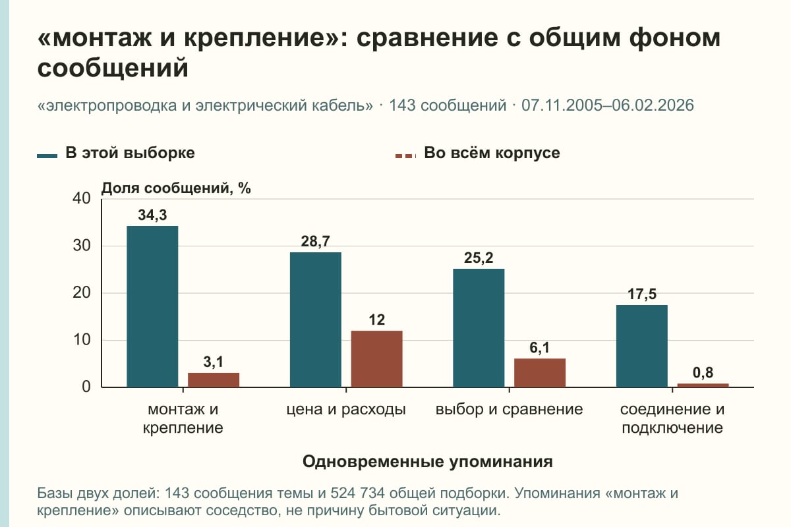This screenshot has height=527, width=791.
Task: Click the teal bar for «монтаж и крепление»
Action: [152, 306]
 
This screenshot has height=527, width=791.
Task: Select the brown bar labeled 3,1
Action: [214, 380]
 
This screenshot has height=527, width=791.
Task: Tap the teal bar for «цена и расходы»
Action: [315, 319]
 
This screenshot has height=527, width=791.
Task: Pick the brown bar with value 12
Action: [376, 359]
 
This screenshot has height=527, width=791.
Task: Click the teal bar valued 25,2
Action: [479, 328]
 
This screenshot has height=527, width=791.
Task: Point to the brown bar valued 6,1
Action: [540, 373]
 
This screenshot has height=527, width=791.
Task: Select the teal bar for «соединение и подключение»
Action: [641, 346]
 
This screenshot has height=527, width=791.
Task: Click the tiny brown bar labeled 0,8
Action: [703, 385]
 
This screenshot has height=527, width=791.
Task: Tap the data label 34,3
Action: [152, 215]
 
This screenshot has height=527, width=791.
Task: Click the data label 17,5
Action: [641, 294]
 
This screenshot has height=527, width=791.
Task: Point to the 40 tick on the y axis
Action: [82, 198]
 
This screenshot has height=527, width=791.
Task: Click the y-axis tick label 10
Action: [82, 340]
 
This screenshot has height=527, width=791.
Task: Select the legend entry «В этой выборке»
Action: [116, 153]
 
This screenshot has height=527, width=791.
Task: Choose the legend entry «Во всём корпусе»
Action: [477, 153]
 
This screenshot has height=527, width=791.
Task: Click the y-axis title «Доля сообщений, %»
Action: [176, 188]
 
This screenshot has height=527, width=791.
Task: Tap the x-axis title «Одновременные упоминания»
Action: [428, 461]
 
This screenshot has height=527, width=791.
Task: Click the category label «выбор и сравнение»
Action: [509, 410]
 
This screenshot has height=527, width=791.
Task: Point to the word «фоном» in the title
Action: [674, 38]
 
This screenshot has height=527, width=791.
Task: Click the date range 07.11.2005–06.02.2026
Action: [607, 105]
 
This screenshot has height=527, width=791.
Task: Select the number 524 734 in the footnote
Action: [357, 493]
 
